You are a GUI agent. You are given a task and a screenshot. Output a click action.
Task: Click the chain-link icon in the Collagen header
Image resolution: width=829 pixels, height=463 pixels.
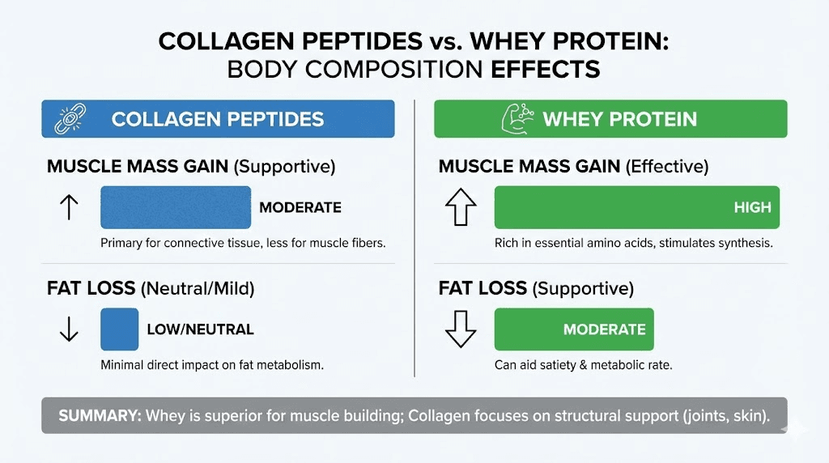(66, 119)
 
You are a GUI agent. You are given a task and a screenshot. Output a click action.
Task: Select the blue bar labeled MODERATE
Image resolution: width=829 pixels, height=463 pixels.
(176, 207)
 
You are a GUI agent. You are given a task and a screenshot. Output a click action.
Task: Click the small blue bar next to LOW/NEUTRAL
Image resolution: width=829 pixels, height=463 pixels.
(119, 329)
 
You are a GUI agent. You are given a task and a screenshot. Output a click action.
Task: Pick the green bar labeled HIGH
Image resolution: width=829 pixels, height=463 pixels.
(636, 207)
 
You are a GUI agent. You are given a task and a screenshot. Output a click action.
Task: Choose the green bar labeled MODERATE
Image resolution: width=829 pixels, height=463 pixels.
(573, 329)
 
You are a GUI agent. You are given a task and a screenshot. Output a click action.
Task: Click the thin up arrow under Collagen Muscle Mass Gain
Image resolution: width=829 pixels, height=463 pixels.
(69, 207)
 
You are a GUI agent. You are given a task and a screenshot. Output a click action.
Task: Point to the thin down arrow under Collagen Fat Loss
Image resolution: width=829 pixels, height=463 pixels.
(69, 329)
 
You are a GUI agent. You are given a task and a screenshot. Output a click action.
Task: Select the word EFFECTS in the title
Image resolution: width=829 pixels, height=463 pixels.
(546, 69)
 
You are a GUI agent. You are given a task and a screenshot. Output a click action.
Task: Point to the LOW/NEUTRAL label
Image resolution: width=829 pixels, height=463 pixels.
(200, 329)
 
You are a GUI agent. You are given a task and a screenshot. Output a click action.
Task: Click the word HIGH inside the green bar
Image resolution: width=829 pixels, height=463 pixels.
(752, 207)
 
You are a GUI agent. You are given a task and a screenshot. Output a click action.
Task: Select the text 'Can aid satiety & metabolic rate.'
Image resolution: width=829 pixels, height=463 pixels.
(583, 365)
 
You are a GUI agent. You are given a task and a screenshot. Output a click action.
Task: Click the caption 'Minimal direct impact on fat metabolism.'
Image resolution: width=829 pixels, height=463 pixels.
(212, 365)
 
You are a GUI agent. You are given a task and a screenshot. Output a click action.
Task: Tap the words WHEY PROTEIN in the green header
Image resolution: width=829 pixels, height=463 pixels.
(619, 119)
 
